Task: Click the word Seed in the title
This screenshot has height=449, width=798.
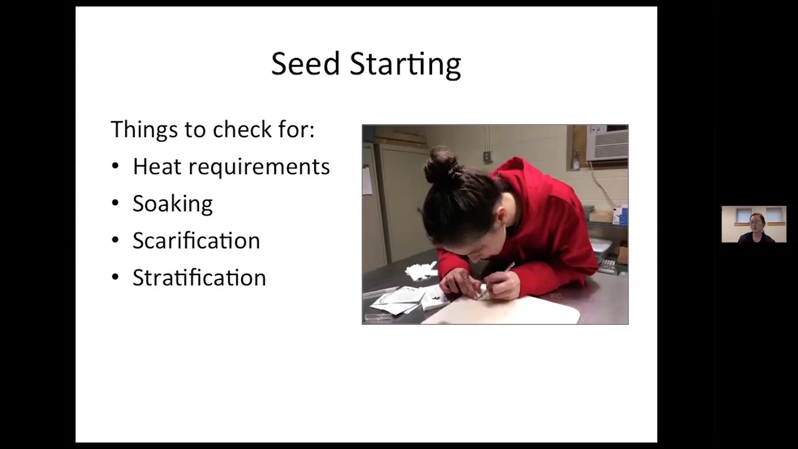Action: [x=305, y=64]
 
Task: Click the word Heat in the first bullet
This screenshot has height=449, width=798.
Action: [x=157, y=167]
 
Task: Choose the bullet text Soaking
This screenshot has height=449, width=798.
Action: [x=173, y=204]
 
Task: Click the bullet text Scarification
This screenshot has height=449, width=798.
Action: [x=196, y=241]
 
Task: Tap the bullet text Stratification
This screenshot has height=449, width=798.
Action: [x=199, y=278]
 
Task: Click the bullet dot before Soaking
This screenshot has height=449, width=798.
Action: [x=115, y=204]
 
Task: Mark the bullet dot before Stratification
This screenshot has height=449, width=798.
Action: [x=115, y=278]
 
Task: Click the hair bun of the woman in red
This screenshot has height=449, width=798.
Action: [x=442, y=165]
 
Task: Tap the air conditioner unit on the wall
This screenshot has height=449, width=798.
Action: [x=607, y=144]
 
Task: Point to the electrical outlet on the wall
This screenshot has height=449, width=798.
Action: [x=487, y=157]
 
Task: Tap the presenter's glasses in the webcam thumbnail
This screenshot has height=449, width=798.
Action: [x=756, y=221]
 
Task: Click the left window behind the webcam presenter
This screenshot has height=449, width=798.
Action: [x=743, y=215]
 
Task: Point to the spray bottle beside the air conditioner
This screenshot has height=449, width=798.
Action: [x=577, y=162]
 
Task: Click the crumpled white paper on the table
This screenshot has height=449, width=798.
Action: [x=420, y=271]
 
